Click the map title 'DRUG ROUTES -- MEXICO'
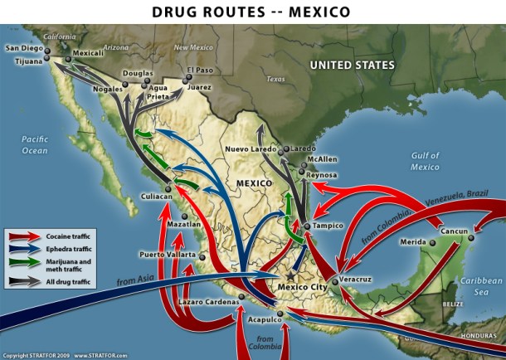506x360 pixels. [252, 12]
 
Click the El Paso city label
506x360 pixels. [200, 70]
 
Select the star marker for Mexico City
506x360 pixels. [289, 276]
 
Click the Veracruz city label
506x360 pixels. [359, 281]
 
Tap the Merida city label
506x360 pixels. [412, 242]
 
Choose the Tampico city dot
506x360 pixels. [307, 226]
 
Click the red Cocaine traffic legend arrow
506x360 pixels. [24, 236]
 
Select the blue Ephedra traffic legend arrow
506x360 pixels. [24, 248]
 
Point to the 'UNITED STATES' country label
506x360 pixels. [353, 64]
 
